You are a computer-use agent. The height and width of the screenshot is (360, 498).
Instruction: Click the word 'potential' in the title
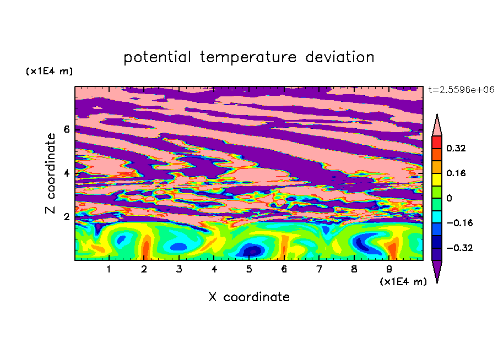[157, 58]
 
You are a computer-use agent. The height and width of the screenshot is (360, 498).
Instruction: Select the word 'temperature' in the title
[248, 58]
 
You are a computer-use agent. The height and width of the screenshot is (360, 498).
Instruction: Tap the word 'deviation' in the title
[340, 57]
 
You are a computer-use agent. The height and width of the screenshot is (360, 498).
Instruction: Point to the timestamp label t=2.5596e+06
[461, 90]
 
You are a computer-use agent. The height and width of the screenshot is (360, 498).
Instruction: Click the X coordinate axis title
[249, 297]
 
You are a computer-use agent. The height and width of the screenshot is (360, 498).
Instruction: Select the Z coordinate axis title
[51, 173]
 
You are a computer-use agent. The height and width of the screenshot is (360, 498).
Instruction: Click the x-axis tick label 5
[249, 269]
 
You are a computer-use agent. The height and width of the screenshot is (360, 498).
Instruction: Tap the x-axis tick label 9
[389, 269]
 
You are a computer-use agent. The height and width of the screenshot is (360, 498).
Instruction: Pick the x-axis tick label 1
[109, 269]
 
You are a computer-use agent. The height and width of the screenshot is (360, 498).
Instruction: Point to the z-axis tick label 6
[67, 129]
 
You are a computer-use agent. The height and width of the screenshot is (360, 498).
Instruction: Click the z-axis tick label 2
[67, 217]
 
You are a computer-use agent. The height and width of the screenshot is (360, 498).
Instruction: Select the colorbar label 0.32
[456, 148]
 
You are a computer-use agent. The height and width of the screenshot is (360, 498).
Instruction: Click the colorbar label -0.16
[459, 223]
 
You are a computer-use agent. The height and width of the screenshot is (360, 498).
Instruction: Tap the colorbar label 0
[449, 198]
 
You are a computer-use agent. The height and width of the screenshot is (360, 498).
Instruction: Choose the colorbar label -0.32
[459, 248]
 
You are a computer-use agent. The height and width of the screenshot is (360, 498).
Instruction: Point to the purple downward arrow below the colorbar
[437, 270]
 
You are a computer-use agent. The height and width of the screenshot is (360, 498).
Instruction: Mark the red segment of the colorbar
[437, 142]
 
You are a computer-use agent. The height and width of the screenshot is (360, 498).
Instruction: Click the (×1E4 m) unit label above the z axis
[49, 71]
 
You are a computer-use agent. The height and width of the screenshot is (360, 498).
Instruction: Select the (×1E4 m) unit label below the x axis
[403, 282]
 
